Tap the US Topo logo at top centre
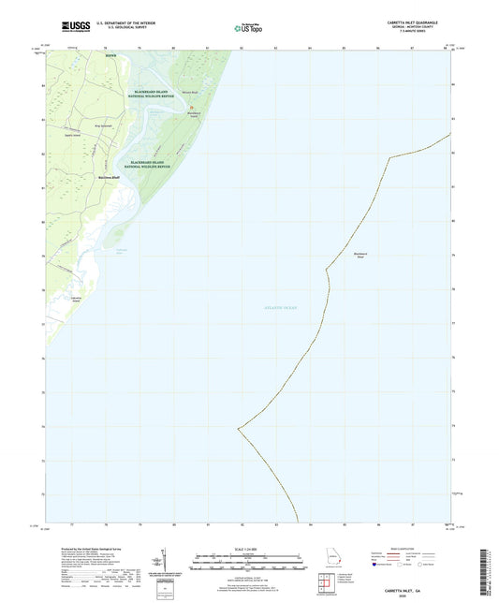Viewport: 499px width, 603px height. pyautogui.click(x=248, y=29)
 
